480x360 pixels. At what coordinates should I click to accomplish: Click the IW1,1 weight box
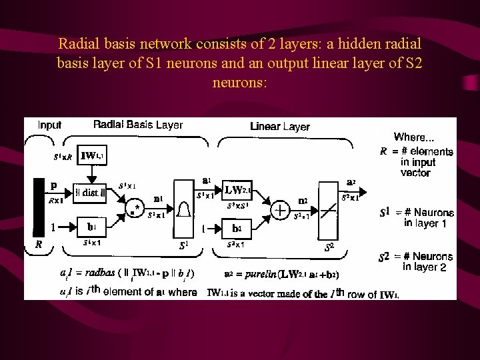91,157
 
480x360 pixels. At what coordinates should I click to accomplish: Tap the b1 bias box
91,226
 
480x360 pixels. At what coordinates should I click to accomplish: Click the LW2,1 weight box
237,191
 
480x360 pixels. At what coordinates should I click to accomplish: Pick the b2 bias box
237,227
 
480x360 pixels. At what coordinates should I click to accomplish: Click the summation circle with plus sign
280,211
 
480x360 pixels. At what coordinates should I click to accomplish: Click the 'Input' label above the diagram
50,125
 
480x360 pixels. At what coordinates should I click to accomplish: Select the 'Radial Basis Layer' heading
138,125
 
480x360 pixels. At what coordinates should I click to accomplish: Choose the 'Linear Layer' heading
280,126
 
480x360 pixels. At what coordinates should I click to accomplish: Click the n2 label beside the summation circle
303,200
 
